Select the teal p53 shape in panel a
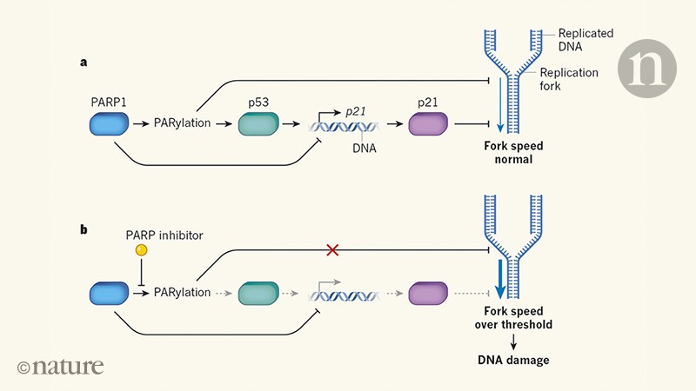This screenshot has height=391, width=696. (260, 123)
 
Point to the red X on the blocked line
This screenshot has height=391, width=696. (331, 250)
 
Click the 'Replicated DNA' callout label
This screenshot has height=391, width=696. (586, 40)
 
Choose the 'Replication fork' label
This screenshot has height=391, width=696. (569, 81)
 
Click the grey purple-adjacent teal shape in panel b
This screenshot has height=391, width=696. (260, 293)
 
